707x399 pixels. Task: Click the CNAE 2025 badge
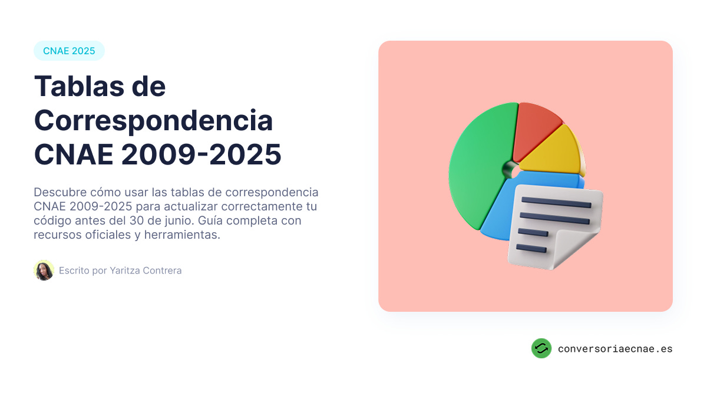[x=69, y=51]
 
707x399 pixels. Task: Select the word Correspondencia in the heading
[x=153, y=121]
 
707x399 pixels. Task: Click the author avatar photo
[x=44, y=271]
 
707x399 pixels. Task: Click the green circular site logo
[x=541, y=348]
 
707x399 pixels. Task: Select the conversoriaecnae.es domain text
[x=615, y=349]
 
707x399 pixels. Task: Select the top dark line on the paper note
[x=556, y=203]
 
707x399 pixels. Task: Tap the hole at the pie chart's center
[x=510, y=170]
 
